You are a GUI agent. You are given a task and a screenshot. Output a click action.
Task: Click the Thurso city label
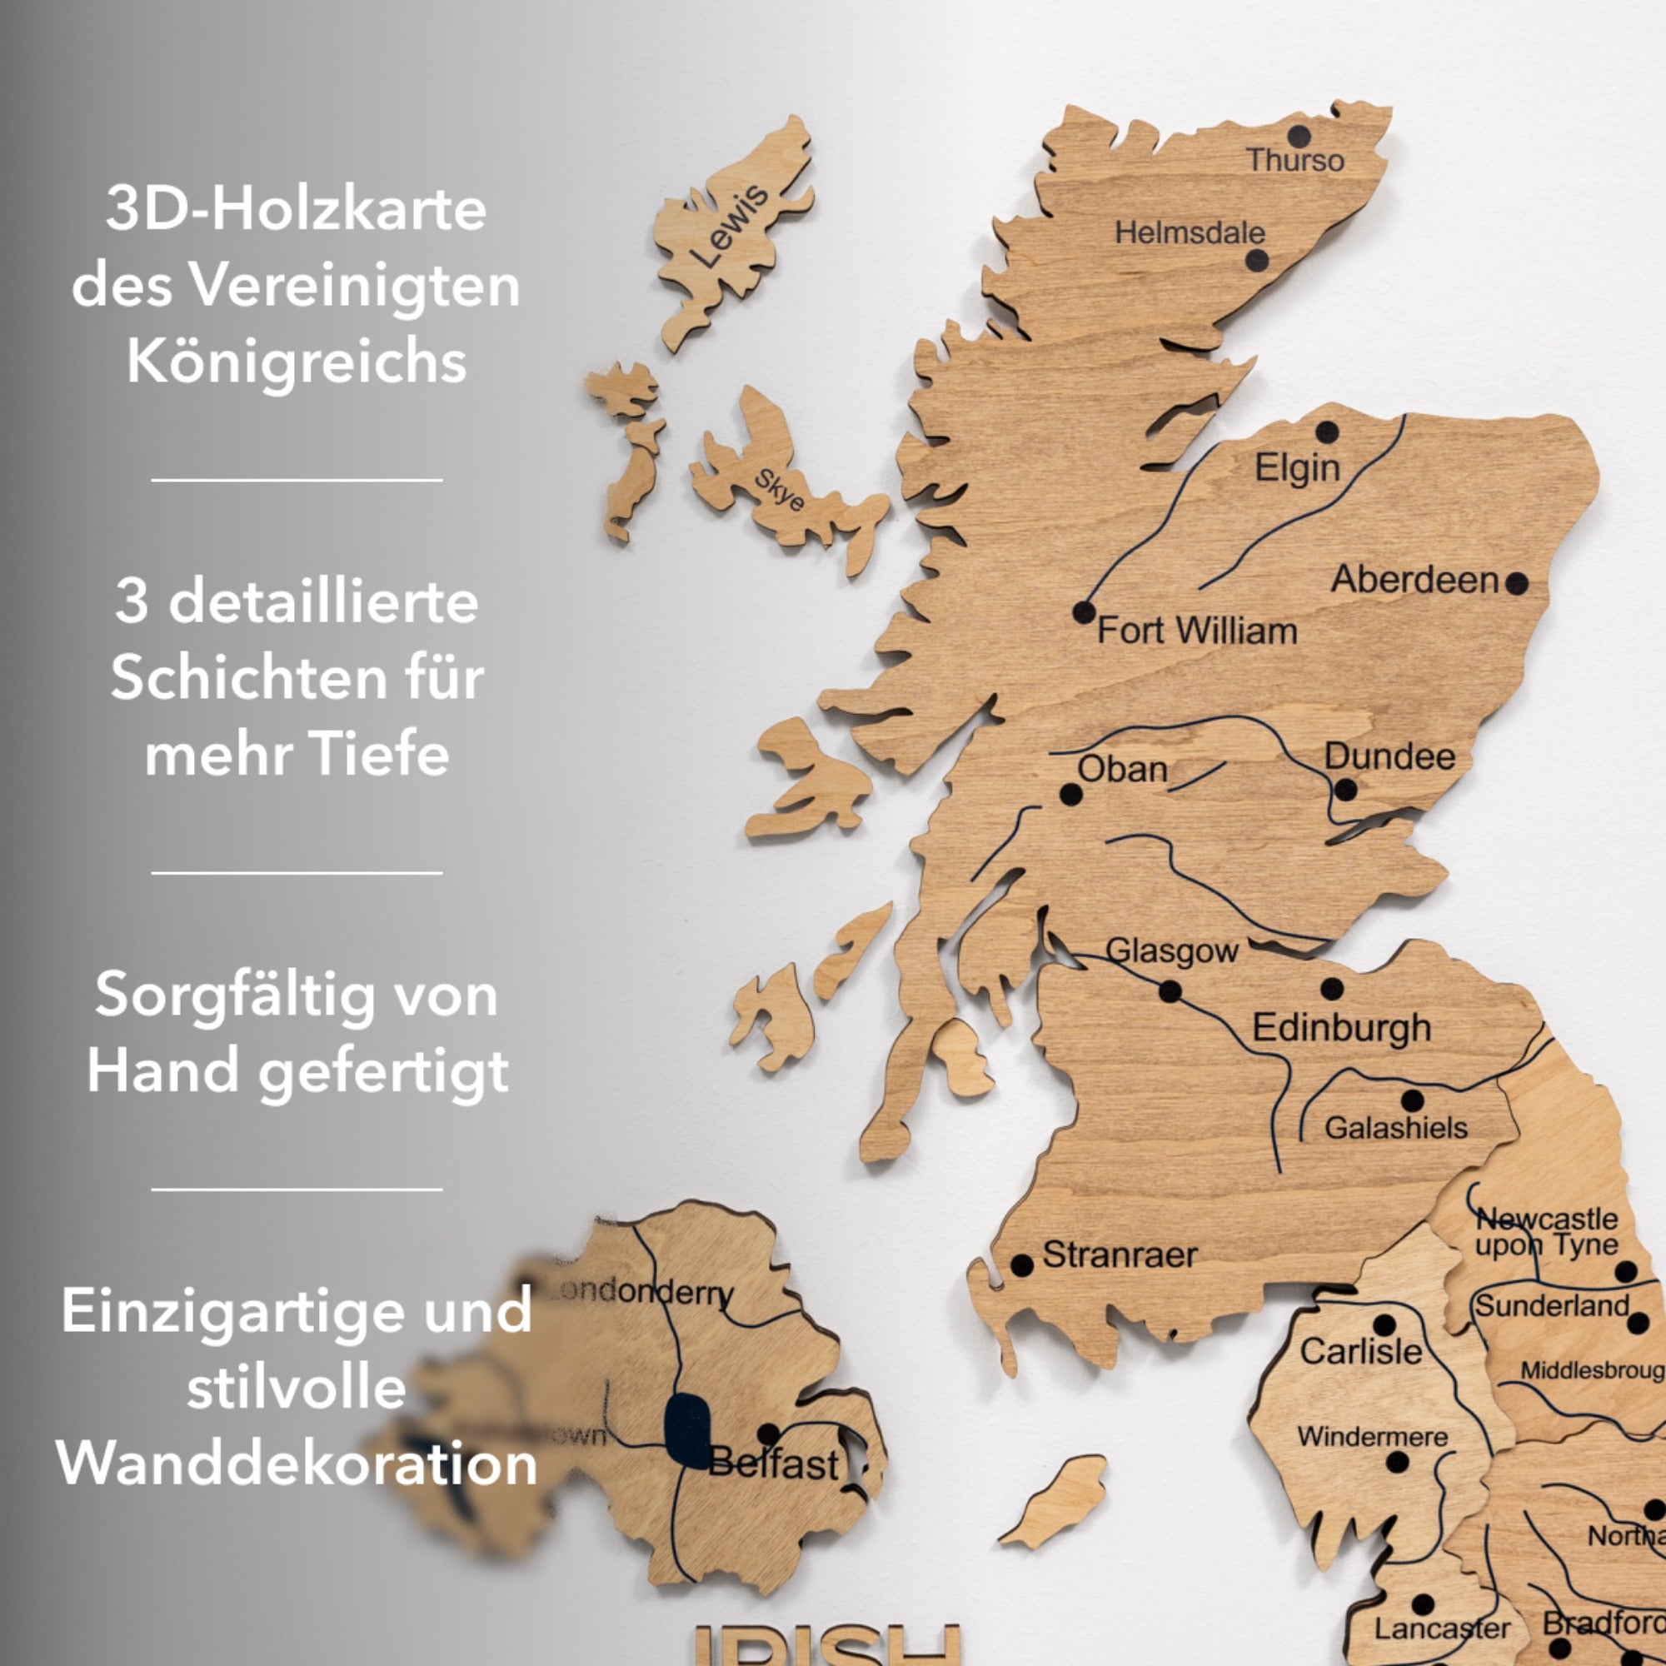[x=1295, y=161]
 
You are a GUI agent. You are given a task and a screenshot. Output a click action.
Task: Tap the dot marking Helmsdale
[x=1257, y=260]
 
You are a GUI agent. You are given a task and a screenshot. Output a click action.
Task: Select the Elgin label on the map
[x=1297, y=468]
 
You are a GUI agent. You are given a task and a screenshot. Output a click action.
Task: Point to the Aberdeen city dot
[x=1517, y=584]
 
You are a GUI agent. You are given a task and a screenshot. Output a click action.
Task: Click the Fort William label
[x=1197, y=631]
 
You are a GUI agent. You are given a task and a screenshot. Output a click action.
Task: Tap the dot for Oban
[x=1071, y=794]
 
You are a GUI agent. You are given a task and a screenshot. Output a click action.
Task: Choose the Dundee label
[x=1389, y=756]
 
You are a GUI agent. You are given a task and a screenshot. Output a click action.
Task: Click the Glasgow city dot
[x=1170, y=991]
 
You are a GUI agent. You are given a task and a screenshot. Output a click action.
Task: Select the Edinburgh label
[x=1341, y=1028]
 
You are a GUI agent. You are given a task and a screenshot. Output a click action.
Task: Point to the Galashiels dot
[x=1413, y=1100]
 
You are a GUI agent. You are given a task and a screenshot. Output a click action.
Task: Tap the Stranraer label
[x=1120, y=1255]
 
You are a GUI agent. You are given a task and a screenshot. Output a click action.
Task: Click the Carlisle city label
[x=1361, y=1351]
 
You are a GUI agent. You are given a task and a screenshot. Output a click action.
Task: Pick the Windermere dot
[x=1398, y=1463]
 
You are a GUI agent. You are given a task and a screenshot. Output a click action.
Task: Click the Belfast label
[x=774, y=1464]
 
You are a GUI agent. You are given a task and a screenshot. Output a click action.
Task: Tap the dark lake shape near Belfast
[x=687, y=1430]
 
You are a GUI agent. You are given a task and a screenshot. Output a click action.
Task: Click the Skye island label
[x=780, y=490]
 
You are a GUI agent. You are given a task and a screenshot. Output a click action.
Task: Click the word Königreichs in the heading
[x=297, y=361]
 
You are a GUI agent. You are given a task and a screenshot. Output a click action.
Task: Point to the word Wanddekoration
[x=297, y=1464]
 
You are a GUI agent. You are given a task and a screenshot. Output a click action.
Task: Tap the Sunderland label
[x=1551, y=1306]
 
